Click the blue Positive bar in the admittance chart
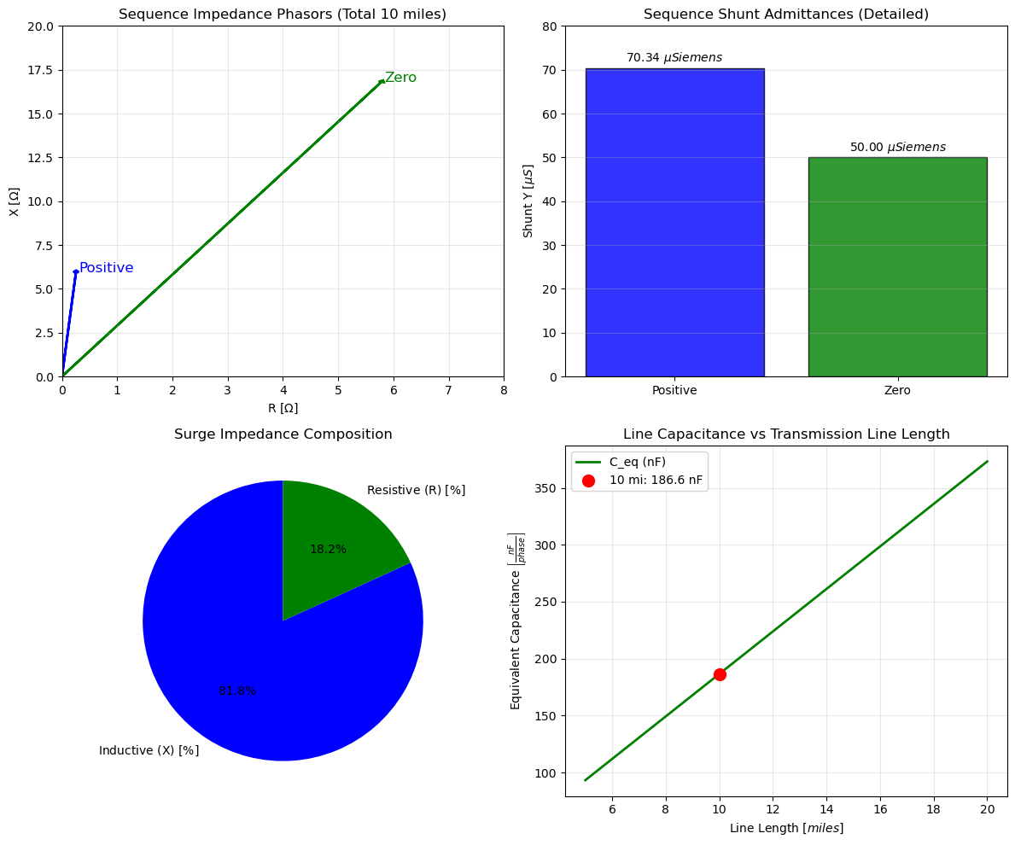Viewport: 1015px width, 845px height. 674,222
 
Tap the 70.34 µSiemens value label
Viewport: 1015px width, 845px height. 674,58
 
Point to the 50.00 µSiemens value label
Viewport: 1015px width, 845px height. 897,148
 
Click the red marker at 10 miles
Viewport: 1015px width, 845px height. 720,674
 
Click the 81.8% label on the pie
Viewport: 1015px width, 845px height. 237,691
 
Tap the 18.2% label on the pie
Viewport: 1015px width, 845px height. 328,550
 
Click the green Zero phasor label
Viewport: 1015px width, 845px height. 400,78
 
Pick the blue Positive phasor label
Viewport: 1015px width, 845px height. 106,268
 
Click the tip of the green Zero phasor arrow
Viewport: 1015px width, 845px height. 382,81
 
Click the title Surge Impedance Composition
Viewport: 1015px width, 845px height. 283,434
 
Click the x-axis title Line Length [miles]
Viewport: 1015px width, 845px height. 786,828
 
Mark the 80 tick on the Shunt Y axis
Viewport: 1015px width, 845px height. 551,26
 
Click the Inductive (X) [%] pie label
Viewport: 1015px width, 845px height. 149,751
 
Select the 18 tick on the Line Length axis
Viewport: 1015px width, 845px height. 933,808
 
